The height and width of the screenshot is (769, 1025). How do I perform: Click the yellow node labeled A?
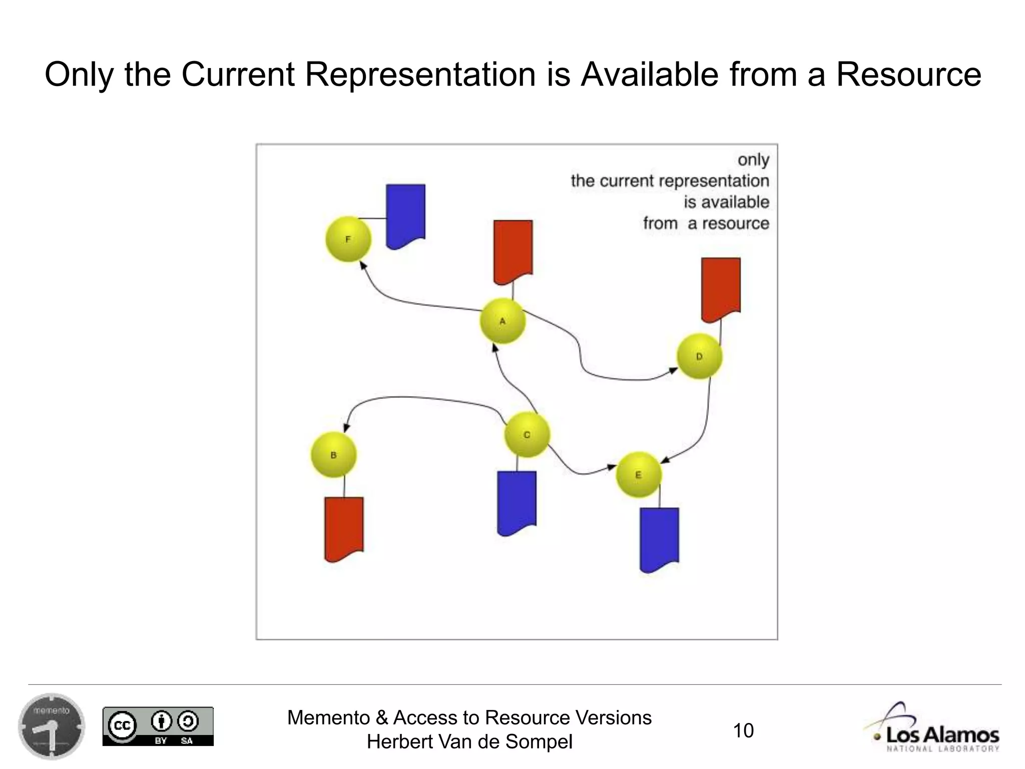tap(502, 321)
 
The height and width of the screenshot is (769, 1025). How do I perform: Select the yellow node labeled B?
tap(334, 455)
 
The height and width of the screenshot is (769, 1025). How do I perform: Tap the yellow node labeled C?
tap(527, 435)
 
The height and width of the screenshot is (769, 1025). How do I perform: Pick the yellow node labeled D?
tap(699, 356)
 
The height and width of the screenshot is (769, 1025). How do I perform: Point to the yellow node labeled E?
tap(638, 475)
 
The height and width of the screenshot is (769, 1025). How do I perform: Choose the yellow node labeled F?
tap(348, 239)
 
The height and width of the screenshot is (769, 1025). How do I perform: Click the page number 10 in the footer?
tap(743, 730)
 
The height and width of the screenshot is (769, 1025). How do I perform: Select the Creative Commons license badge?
tap(158, 726)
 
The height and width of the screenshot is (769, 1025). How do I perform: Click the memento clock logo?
tap(52, 726)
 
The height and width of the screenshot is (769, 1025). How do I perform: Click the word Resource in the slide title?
tap(908, 75)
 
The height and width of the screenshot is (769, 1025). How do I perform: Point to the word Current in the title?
tap(238, 75)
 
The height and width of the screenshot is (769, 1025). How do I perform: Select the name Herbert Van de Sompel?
tap(469, 742)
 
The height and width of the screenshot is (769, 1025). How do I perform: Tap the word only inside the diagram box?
tap(753, 160)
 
